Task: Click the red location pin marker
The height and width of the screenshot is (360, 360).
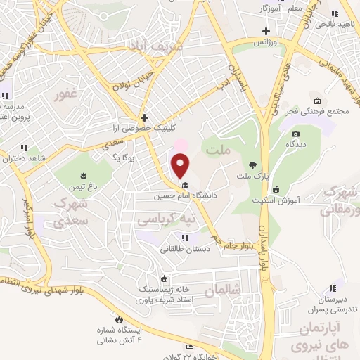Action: [x=181, y=165]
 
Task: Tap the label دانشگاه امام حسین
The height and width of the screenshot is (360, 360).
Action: [x=184, y=196]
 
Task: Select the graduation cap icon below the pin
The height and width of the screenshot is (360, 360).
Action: [x=184, y=186]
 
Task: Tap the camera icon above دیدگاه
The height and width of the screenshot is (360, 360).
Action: [x=295, y=134]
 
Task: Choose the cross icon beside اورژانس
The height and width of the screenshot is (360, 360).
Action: [x=266, y=32]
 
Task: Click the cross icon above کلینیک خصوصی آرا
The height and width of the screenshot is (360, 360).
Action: [x=144, y=118]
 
